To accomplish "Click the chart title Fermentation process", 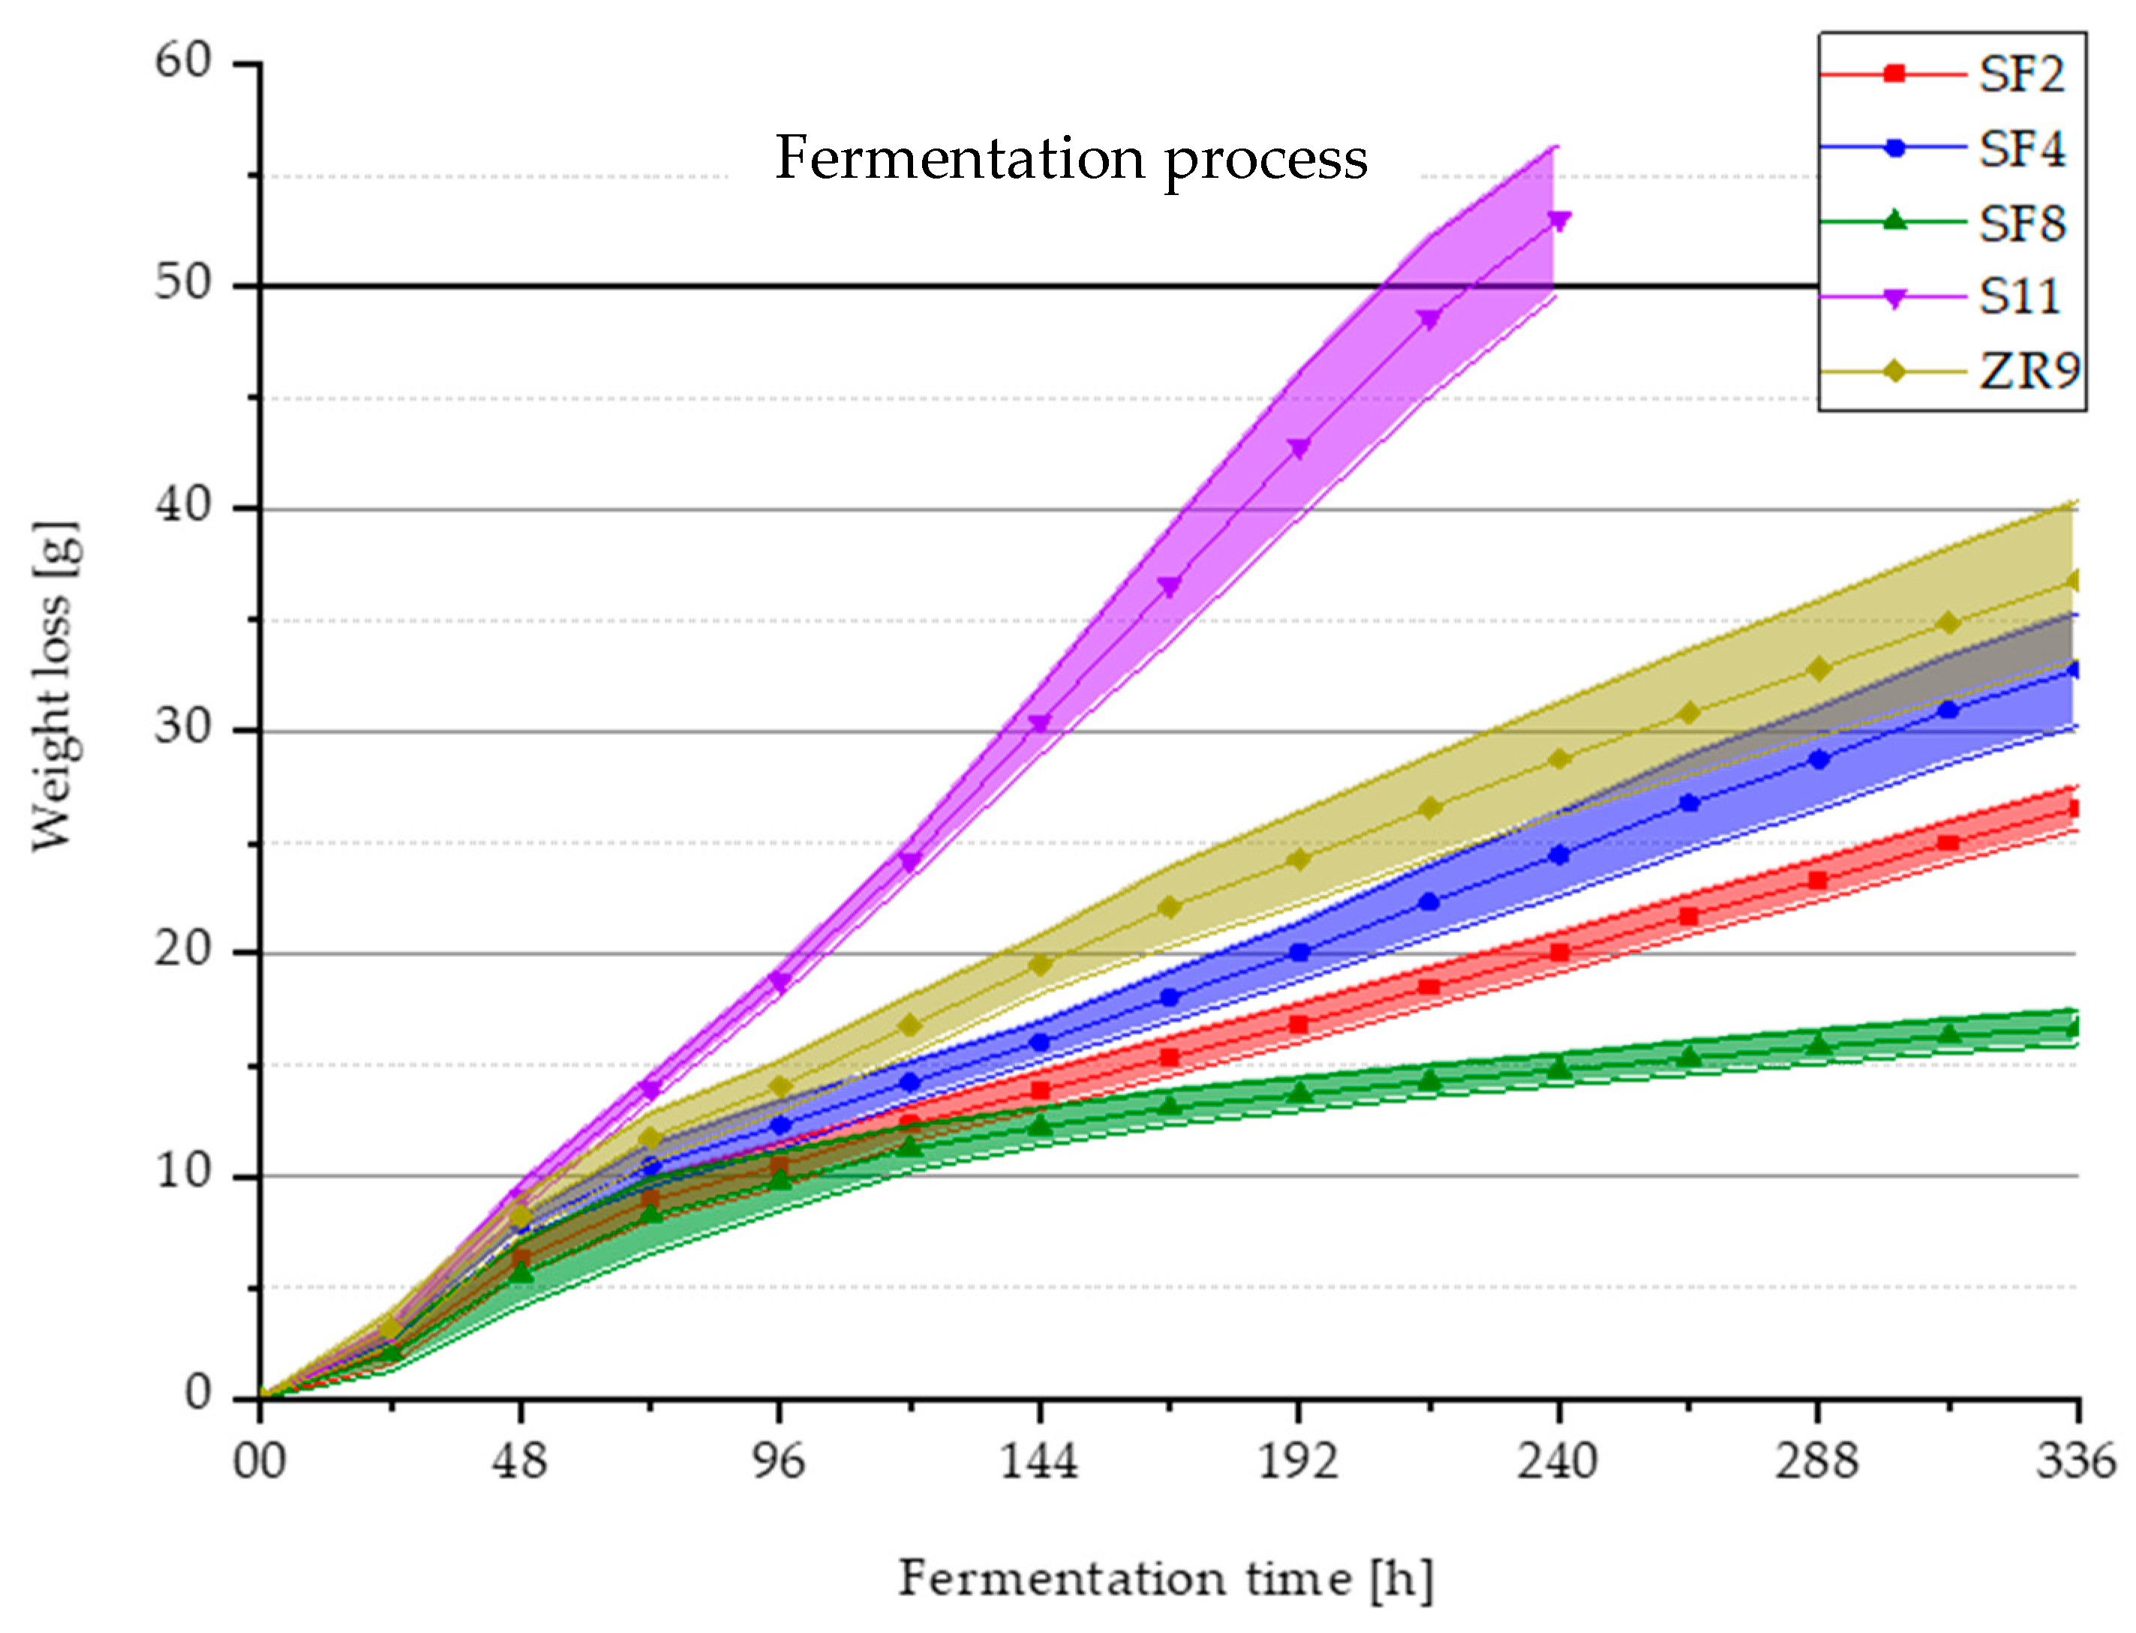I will [x=1069, y=158].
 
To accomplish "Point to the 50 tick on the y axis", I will [x=184, y=283].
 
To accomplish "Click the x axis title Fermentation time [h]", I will [x=1164, y=1578].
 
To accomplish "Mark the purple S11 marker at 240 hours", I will [x=1558, y=221].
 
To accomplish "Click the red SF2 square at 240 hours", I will [x=1558, y=952].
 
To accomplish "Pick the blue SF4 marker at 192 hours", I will [x=1299, y=952].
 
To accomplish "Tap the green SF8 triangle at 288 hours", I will [x=1817, y=1045].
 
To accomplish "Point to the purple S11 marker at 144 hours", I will [x=1039, y=723].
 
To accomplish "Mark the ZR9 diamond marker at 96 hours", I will [x=780, y=1085].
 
